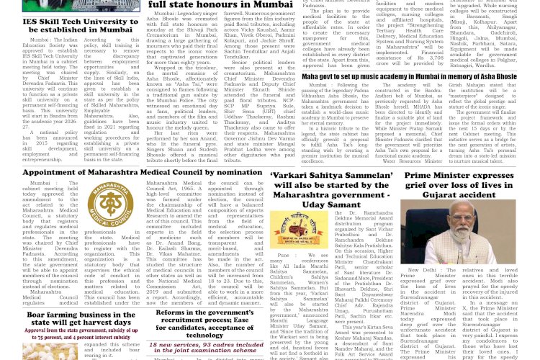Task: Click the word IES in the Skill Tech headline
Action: point(31,22)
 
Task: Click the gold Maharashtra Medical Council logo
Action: point(109,202)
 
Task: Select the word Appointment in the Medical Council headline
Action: point(58,172)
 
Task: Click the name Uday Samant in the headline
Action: point(333,205)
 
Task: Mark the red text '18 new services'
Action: point(173,345)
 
